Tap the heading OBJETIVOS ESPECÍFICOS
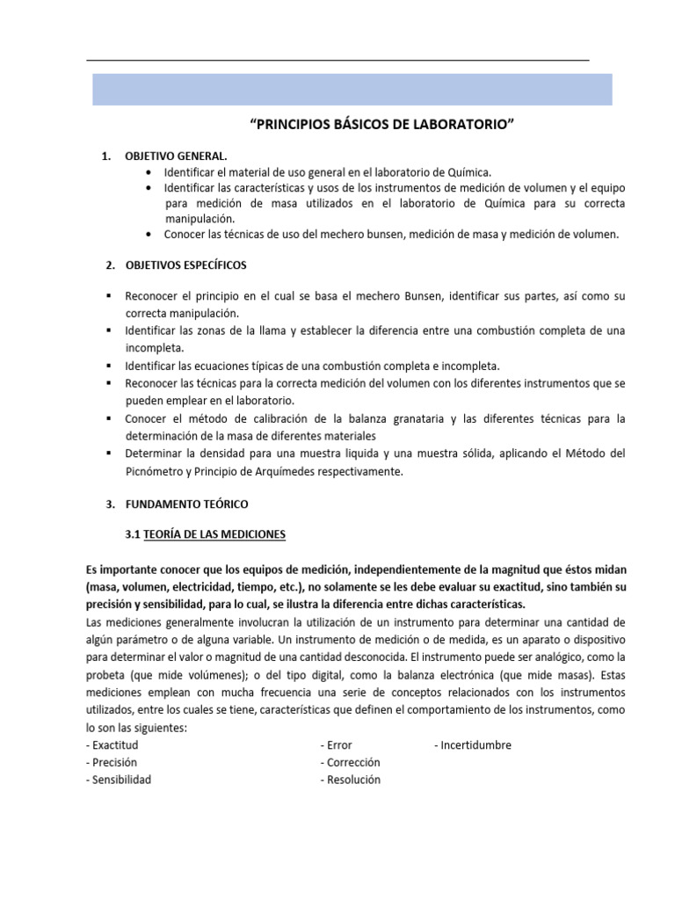[x=185, y=265]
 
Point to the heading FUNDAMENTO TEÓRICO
[x=186, y=504]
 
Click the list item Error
[x=338, y=745]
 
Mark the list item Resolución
[x=351, y=780]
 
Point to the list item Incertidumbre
[x=475, y=745]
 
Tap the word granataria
[x=410, y=418]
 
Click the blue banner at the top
[x=352, y=90]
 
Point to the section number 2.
[x=109, y=265]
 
